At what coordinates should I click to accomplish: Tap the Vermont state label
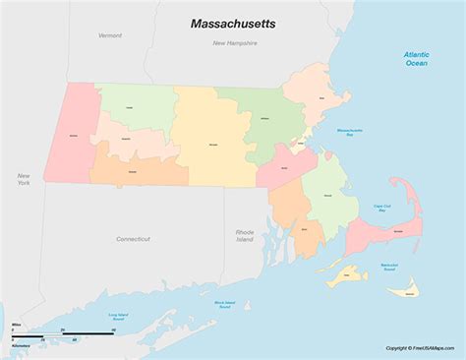[x=110, y=34]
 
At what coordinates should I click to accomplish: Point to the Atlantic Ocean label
[x=417, y=58]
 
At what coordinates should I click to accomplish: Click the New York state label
[x=23, y=178]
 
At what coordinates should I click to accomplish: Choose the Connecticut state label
[x=133, y=238]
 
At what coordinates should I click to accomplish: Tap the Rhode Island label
[x=245, y=235]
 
